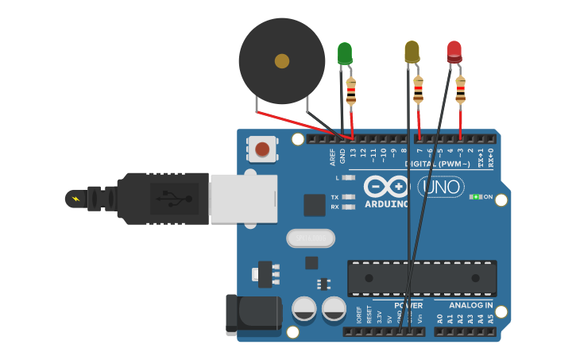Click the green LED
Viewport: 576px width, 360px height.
pyautogui.click(x=345, y=53)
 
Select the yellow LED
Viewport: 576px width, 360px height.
pyautogui.click(x=412, y=52)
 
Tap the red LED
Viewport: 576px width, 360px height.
pyautogui.click(x=454, y=52)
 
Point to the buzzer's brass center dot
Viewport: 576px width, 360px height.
pyautogui.click(x=282, y=61)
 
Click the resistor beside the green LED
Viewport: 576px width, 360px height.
pyautogui.click(x=351, y=91)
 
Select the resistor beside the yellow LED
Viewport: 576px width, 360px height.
pyautogui.click(x=418, y=90)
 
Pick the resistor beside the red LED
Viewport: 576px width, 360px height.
pyautogui.click(x=461, y=90)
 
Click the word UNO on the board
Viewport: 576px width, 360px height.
pyautogui.click(x=441, y=187)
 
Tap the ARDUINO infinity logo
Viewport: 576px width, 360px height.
pyautogui.click(x=386, y=187)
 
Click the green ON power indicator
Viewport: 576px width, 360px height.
pyautogui.click(x=476, y=196)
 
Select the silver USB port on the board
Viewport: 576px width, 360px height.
pyautogui.click(x=243, y=199)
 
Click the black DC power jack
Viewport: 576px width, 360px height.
pyautogui.click(x=253, y=315)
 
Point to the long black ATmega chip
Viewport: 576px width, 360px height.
pyautogui.click(x=422, y=278)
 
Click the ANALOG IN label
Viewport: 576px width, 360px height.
pyautogui.click(x=470, y=305)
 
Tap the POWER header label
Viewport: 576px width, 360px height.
pyautogui.click(x=408, y=305)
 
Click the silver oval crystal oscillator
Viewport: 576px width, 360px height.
pyautogui.click(x=311, y=238)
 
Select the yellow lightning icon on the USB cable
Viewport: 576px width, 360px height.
pyautogui.click(x=75, y=199)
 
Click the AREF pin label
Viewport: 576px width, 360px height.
pyautogui.click(x=333, y=157)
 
